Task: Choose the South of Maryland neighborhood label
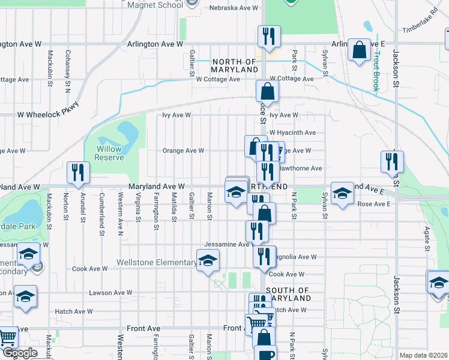[x=288, y=294]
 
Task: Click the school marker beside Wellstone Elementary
[x=208, y=260]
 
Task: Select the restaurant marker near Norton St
[x=77, y=173]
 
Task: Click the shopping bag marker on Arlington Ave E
[x=359, y=51]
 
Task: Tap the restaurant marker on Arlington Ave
[x=268, y=36]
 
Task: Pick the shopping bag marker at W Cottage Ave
[x=267, y=92]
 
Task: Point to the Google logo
[x=20, y=353]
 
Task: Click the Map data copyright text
[x=424, y=355]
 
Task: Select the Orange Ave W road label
[x=183, y=151]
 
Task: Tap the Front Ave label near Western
[x=143, y=329]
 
